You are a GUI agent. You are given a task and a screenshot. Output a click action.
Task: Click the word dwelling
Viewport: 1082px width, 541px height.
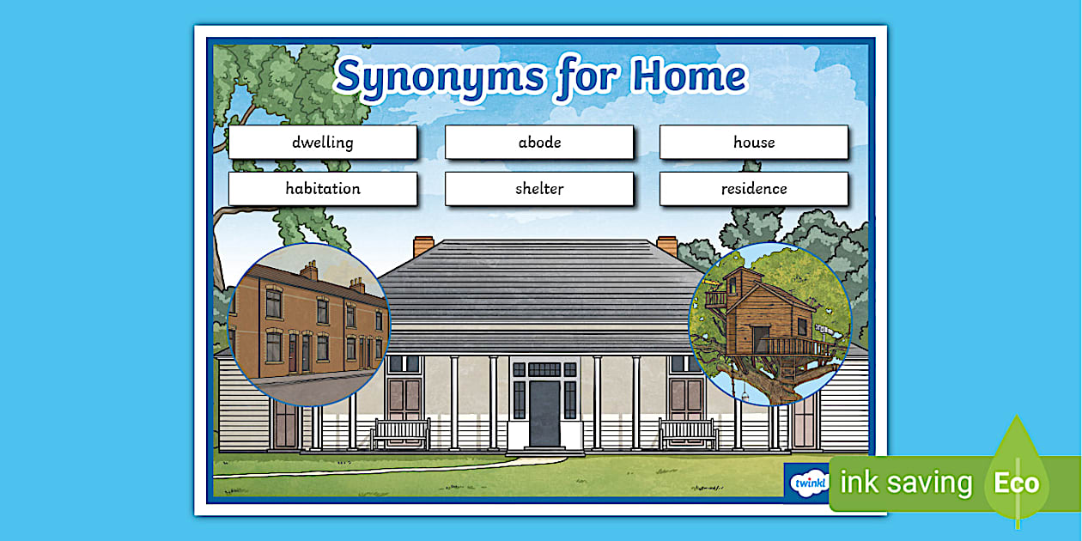pyautogui.click(x=322, y=143)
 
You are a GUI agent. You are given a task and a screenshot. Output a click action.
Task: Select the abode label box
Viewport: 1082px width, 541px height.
pyautogui.click(x=539, y=143)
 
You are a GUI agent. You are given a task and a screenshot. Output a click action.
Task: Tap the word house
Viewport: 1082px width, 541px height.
pyautogui.click(x=754, y=143)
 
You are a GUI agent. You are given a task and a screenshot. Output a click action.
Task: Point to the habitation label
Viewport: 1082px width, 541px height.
pyautogui.click(x=323, y=189)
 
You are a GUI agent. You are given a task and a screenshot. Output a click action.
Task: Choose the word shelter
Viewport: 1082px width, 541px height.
pyautogui.click(x=539, y=189)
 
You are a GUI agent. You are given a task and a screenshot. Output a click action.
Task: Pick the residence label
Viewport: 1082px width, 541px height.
pyautogui.click(x=754, y=189)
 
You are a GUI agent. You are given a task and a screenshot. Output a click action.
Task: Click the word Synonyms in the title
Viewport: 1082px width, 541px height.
pyautogui.click(x=439, y=77)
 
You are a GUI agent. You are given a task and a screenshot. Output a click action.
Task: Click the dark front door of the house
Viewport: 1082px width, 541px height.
pyautogui.click(x=544, y=413)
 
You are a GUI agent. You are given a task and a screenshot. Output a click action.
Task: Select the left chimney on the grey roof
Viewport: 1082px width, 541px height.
pyautogui.click(x=423, y=246)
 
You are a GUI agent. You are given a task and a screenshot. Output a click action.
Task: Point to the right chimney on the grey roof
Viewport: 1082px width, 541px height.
pyautogui.click(x=666, y=246)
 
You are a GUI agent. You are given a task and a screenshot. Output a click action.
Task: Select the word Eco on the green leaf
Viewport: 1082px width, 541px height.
pyautogui.click(x=1017, y=483)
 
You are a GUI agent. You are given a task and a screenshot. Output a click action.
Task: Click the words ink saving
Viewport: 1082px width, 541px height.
pyautogui.click(x=906, y=483)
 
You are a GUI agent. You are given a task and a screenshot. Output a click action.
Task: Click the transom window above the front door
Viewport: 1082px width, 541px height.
pyautogui.click(x=544, y=369)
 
